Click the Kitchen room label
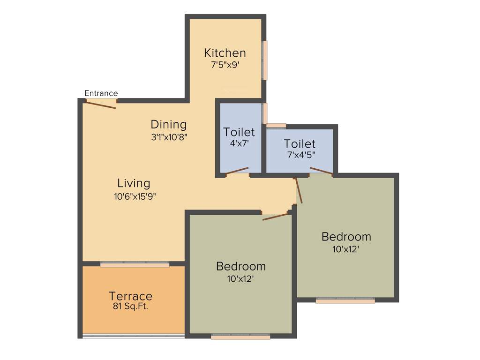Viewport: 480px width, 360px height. click(x=225, y=52)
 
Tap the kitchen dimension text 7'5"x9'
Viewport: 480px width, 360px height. click(x=225, y=65)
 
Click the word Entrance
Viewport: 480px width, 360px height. click(x=101, y=93)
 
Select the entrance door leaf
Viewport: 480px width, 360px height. click(x=101, y=105)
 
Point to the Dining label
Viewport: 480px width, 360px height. click(x=168, y=125)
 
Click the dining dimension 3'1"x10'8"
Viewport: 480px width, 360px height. click(x=168, y=137)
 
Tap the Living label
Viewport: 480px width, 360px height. click(x=134, y=183)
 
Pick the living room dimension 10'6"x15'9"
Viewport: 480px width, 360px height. click(x=135, y=196)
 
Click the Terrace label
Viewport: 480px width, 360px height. click(x=130, y=296)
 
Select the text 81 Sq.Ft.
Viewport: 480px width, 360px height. click(x=130, y=307)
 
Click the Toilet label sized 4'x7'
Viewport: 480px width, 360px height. click(x=239, y=132)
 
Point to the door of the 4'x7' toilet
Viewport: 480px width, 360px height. click(x=237, y=171)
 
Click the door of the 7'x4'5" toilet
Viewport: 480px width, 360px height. click(x=321, y=171)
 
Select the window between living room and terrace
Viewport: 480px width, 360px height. click(x=135, y=265)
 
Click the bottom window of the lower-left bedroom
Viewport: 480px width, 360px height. click(x=240, y=336)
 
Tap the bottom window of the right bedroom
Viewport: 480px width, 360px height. click(x=345, y=300)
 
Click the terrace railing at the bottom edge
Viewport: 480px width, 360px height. click(x=134, y=336)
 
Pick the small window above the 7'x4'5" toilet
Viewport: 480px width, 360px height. click(x=276, y=125)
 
